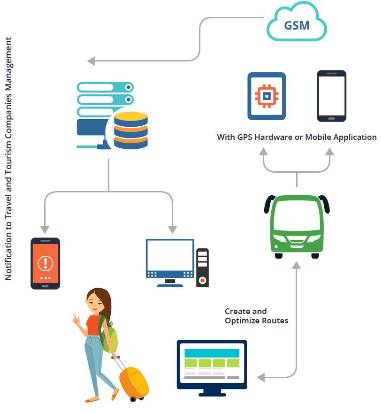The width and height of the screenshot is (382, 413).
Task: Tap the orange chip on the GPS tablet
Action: point(267,96)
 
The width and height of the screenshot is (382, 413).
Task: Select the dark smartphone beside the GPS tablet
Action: point(331,96)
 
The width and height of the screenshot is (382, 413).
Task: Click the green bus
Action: point(297,226)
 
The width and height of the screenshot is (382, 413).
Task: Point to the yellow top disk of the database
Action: point(131,116)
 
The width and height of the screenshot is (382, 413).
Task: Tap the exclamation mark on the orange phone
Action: point(46,262)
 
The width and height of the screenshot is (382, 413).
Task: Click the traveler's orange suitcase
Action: point(134,382)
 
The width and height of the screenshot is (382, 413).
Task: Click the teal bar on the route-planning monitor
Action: point(212,353)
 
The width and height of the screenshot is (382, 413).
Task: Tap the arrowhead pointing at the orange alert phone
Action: point(45,229)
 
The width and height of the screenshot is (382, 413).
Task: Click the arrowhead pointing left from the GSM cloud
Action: point(91,61)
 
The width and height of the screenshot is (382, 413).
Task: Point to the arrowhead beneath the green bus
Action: point(296,265)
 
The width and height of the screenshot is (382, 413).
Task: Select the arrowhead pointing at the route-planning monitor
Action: point(262,377)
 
